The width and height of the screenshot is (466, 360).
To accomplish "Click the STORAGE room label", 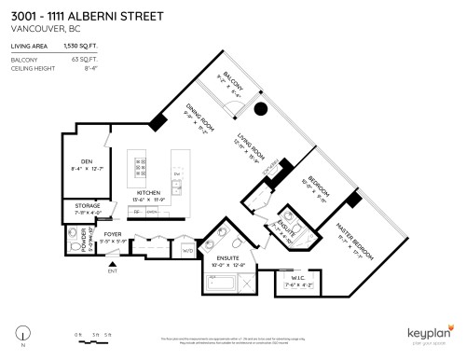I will (80, 206).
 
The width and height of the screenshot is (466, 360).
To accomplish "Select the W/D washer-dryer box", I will (186, 249).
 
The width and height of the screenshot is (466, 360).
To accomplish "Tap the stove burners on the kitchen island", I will (141, 167).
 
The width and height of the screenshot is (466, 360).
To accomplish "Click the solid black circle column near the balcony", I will (262, 109).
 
